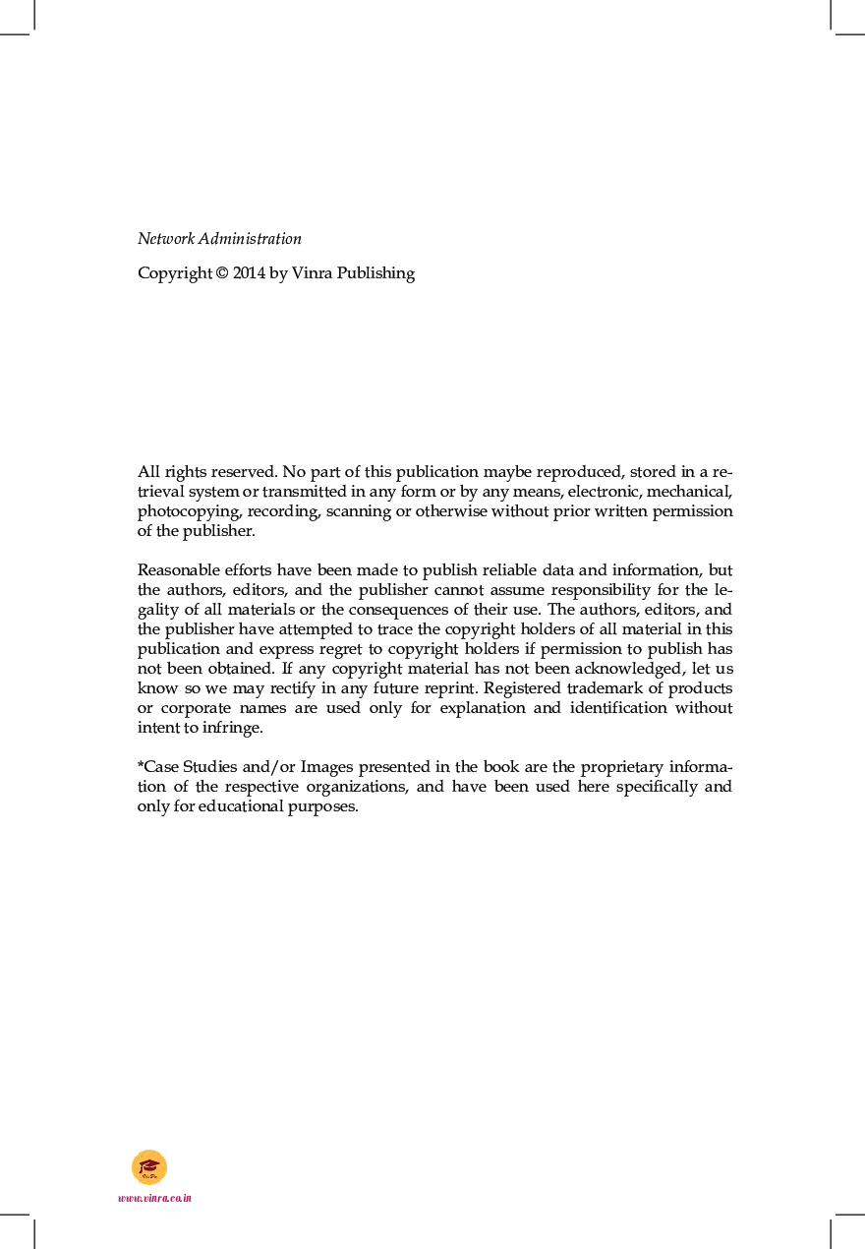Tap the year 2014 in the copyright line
tap(249, 273)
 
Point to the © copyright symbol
tap(221, 273)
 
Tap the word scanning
tap(359, 511)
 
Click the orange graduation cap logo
tap(149, 1167)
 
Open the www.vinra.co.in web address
tap(154, 1198)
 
